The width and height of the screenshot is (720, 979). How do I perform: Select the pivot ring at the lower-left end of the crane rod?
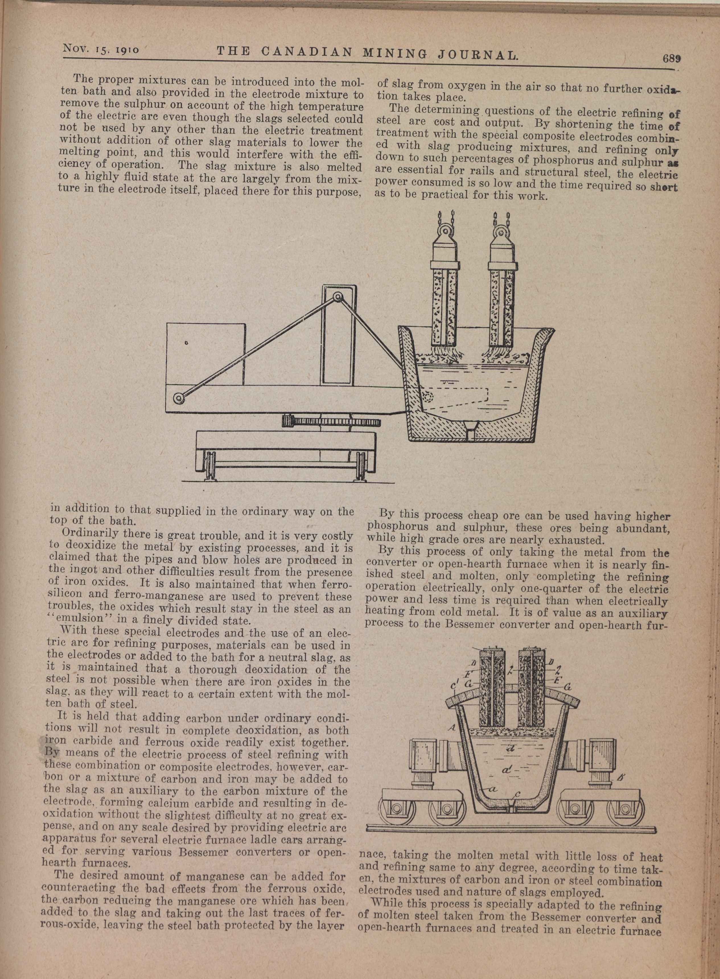click(178, 398)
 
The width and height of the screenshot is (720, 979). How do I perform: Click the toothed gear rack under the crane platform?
click(332, 421)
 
